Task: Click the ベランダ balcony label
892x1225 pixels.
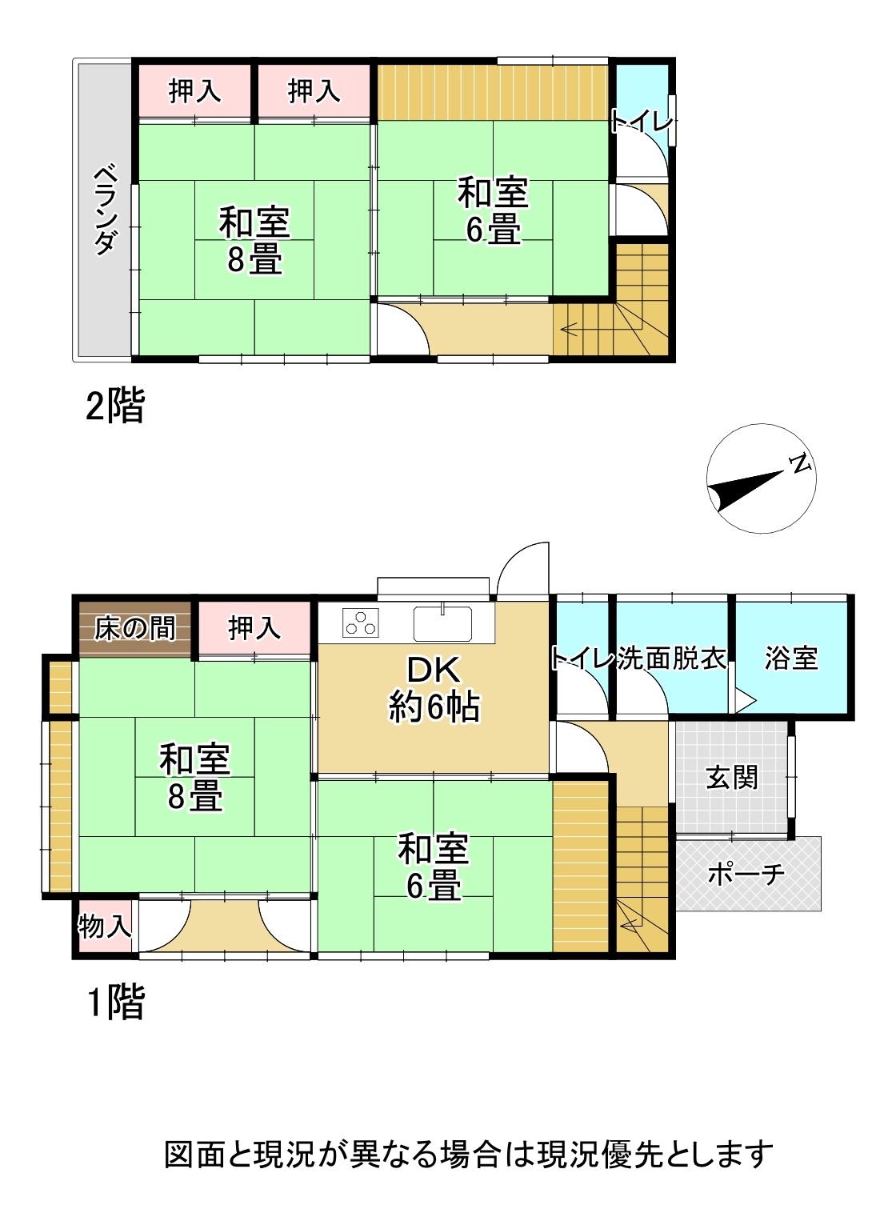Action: [x=105, y=211]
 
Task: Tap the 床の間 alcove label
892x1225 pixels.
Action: [x=134, y=628]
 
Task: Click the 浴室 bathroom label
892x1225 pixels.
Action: [x=791, y=658]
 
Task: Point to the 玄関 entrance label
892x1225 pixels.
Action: [x=732, y=778]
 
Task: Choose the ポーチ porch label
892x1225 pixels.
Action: [x=746, y=874]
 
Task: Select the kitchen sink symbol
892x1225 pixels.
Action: [x=442, y=623]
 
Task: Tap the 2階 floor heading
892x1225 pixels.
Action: [x=115, y=405]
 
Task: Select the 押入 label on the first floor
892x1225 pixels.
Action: [x=254, y=628]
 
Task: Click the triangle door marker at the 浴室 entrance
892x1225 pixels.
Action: [x=746, y=700]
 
